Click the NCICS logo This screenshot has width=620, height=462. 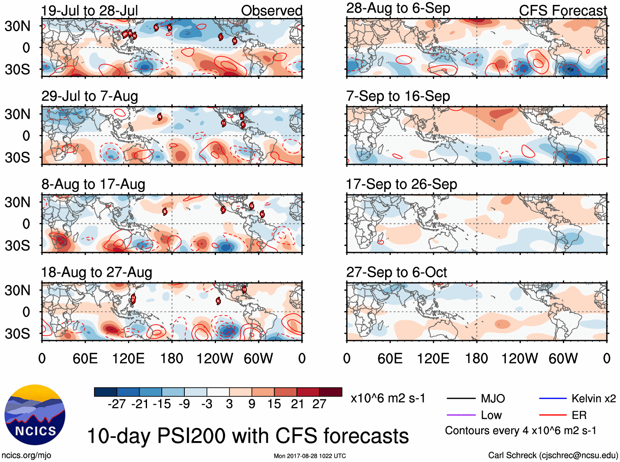[35, 414]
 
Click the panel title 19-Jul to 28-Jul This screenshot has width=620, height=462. [90, 11]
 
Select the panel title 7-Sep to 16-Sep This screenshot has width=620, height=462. [398, 96]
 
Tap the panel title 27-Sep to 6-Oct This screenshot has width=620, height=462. [396, 272]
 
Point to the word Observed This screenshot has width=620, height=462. [271, 11]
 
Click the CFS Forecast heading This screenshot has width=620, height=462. [563, 11]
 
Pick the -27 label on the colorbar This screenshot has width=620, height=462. [117, 404]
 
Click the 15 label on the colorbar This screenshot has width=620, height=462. [274, 404]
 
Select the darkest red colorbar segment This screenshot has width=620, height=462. [331, 392]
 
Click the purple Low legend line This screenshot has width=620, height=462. [461, 415]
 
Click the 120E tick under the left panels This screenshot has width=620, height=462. [128, 359]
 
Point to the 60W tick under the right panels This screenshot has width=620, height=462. [563, 359]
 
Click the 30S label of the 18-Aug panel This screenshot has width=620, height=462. [17, 334]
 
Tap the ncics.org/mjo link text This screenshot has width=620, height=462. [26, 455]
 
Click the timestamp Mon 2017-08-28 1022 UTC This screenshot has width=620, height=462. [310, 456]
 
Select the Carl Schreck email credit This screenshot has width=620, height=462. [553, 455]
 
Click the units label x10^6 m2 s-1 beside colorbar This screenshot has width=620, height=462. [388, 398]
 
